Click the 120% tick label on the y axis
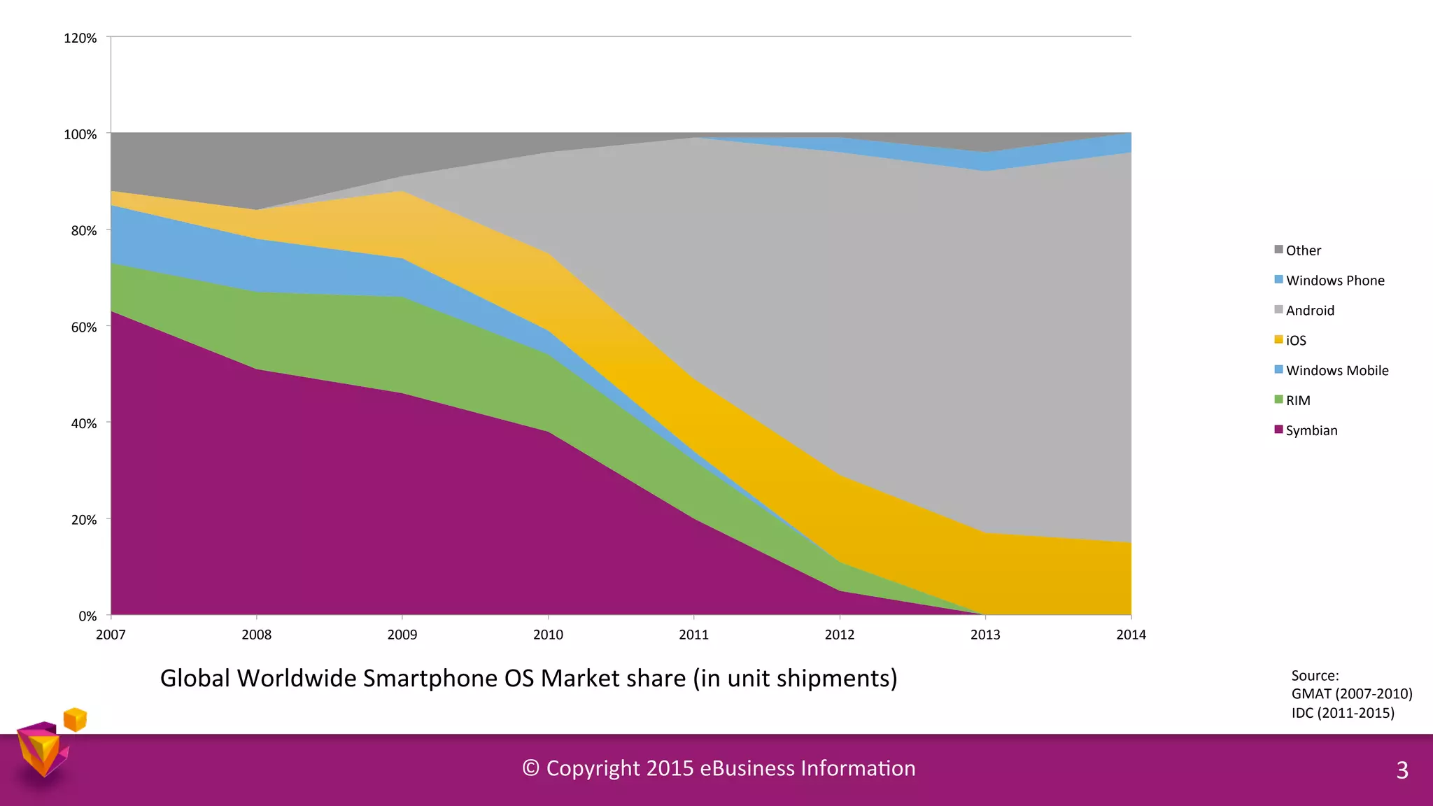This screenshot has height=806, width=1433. coord(80,38)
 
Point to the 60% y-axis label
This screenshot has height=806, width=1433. coord(83,327)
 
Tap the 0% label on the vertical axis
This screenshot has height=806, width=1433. coord(87,616)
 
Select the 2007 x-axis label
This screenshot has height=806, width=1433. coord(111,635)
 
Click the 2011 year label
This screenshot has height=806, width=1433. coord(693,635)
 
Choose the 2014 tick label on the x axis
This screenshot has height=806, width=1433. coord(1131,635)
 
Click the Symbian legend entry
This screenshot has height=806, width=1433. coord(1311,430)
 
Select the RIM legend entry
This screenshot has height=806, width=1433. coord(1297,400)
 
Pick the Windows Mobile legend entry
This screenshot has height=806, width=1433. coord(1336,370)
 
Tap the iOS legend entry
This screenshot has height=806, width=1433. coord(1295,340)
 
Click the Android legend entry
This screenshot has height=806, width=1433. coord(1309,310)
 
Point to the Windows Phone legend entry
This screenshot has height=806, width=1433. coord(1334,280)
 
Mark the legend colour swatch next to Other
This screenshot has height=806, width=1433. coord(1278,250)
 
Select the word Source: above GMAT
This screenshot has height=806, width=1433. coord(1315,675)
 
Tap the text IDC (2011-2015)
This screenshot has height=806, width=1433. coord(1343,712)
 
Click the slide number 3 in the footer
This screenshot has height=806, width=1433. coord(1402,770)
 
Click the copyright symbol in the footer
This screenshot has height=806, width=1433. coord(530,768)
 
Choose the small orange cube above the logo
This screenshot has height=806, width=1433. coord(75,719)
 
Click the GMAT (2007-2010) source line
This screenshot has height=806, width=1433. coord(1351,693)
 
